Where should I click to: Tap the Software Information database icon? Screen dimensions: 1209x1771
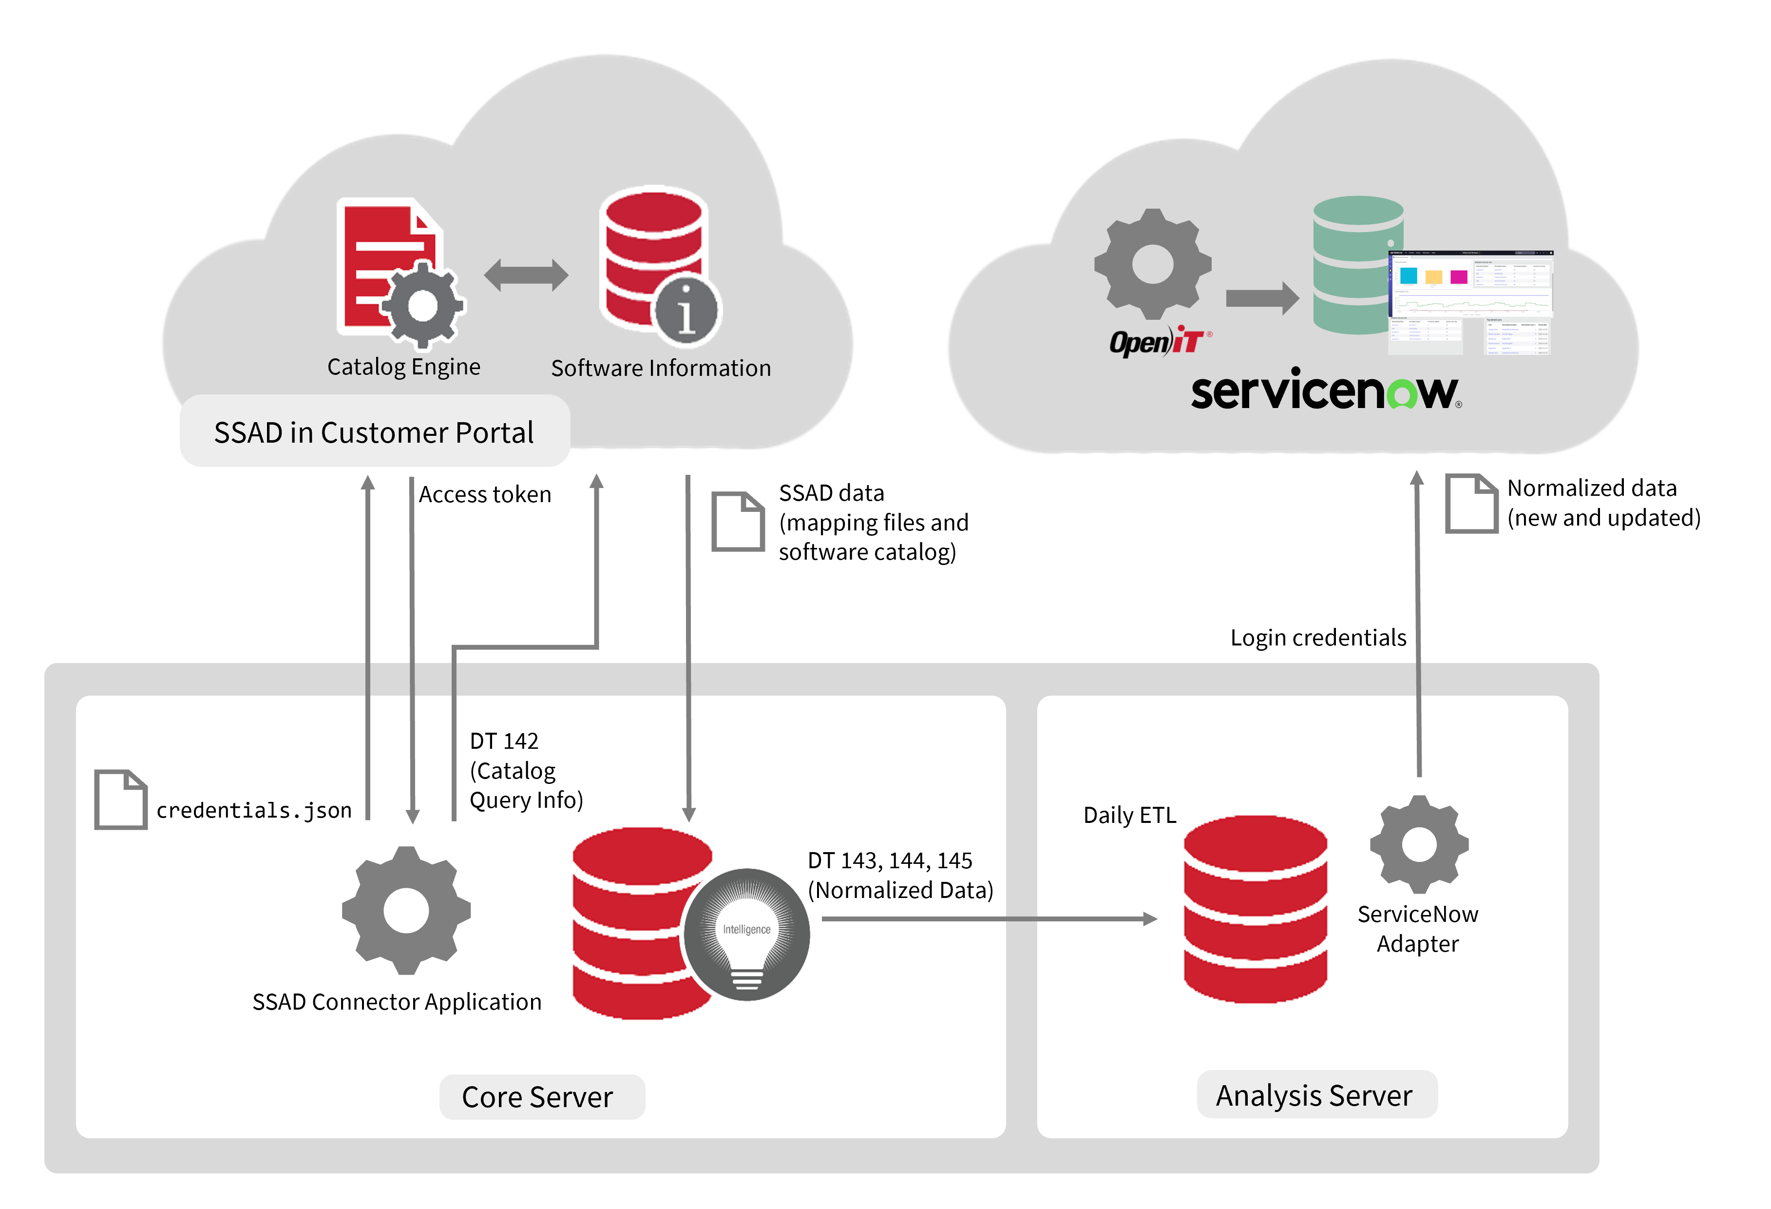(654, 259)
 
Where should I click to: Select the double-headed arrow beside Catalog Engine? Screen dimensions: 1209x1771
(526, 275)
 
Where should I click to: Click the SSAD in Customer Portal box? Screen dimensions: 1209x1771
(374, 431)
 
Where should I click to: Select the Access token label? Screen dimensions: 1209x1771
(485, 495)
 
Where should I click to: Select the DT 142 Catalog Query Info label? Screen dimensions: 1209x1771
(525, 770)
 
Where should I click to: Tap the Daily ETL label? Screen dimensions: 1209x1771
(1129, 815)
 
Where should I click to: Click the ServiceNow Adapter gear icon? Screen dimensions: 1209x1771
(1418, 845)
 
